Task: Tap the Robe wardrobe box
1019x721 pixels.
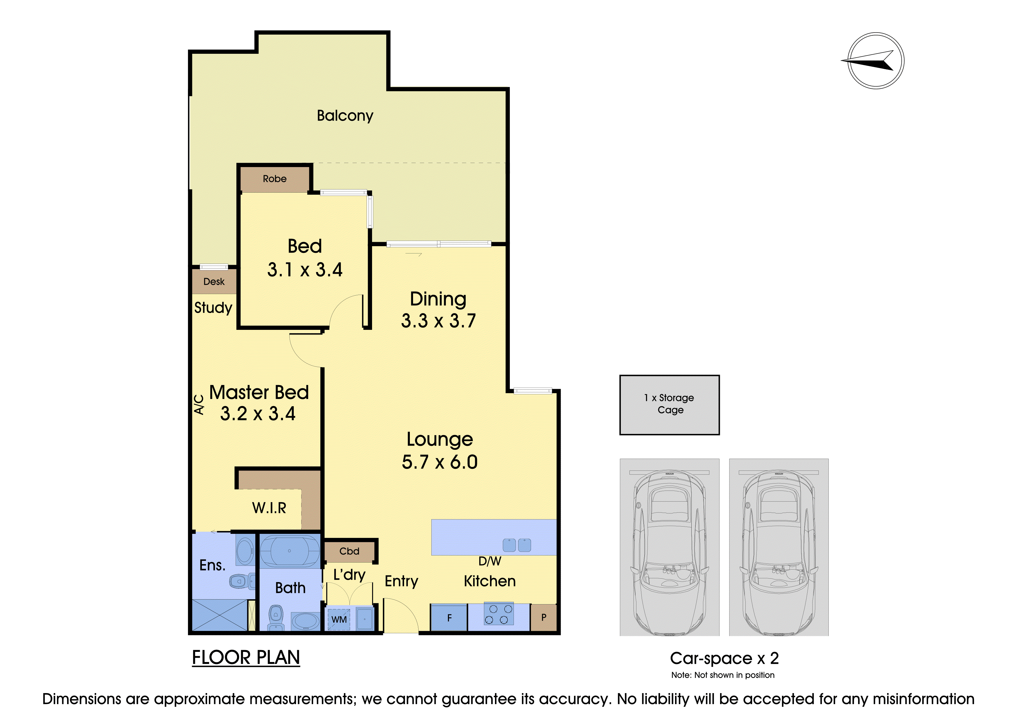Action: click(275, 178)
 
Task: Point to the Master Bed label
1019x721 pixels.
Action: click(259, 392)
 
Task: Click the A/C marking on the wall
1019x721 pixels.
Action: click(199, 405)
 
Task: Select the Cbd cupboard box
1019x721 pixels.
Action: click(349, 551)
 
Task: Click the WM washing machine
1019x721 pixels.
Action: click(339, 619)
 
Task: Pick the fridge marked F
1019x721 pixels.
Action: click(449, 618)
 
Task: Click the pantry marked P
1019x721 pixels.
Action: click(543, 617)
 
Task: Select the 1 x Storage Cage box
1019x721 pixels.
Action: click(669, 405)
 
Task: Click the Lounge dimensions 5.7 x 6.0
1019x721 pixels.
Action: click(439, 462)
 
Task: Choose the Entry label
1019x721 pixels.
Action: click(401, 581)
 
